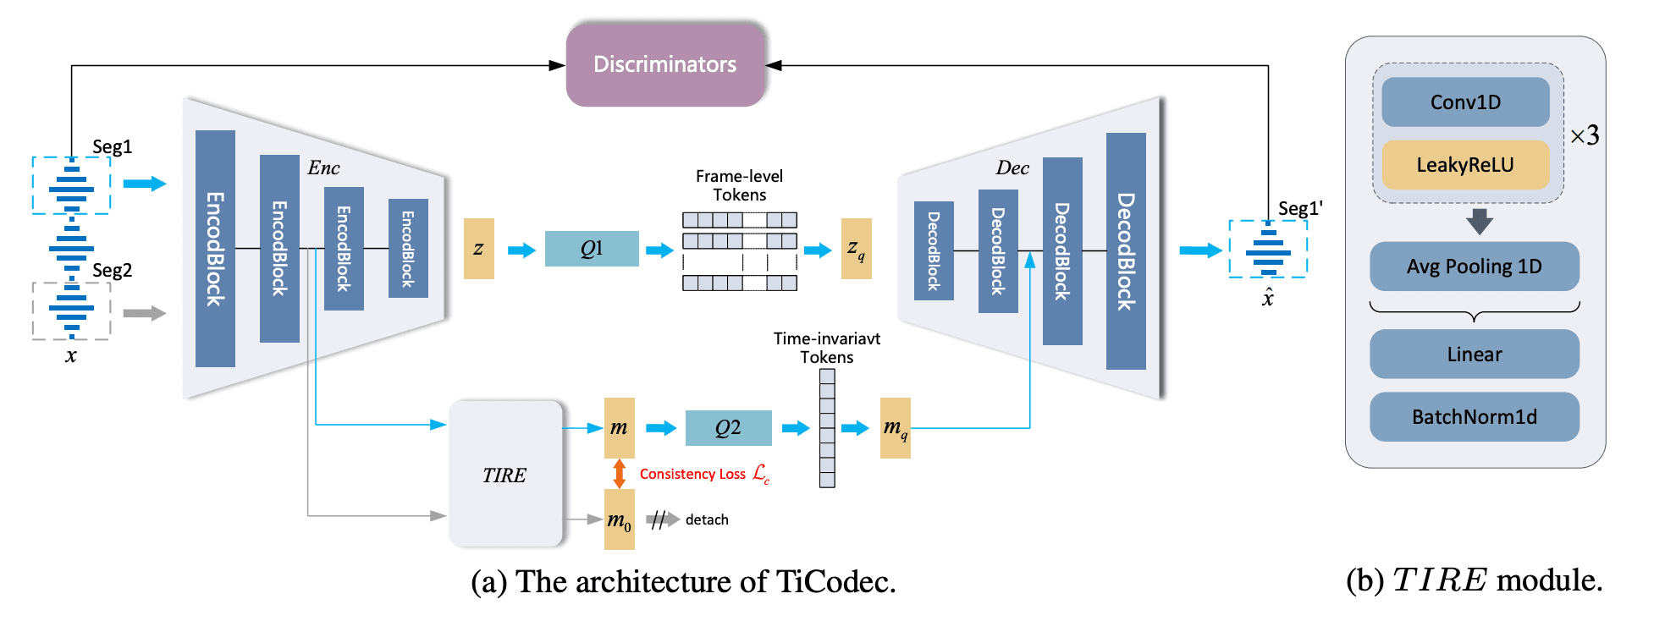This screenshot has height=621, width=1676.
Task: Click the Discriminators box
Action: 665,64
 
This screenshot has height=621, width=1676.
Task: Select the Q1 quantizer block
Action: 592,249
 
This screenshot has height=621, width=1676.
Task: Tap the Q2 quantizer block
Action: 728,428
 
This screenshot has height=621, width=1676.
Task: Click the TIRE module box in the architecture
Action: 505,475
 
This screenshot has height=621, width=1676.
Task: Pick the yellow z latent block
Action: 478,249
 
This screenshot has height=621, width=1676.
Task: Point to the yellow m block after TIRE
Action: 620,427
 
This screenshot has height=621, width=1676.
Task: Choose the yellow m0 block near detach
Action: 620,519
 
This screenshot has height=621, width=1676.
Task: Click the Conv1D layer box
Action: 1465,102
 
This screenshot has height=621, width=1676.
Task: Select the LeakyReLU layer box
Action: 1465,165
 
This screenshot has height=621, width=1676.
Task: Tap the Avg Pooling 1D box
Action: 1474,267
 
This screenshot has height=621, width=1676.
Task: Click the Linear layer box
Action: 1474,354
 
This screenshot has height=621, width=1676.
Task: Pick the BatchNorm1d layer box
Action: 1474,417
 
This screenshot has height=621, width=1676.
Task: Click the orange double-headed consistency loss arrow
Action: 620,474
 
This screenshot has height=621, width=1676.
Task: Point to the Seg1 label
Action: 112,146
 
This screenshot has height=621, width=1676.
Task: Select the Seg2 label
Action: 112,270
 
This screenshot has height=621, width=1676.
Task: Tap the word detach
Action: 707,519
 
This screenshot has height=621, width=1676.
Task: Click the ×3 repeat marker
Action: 1585,135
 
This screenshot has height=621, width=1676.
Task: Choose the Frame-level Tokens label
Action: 739,185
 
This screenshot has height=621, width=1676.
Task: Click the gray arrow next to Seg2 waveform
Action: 144,313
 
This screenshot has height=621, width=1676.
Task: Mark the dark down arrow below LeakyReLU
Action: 1480,222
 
